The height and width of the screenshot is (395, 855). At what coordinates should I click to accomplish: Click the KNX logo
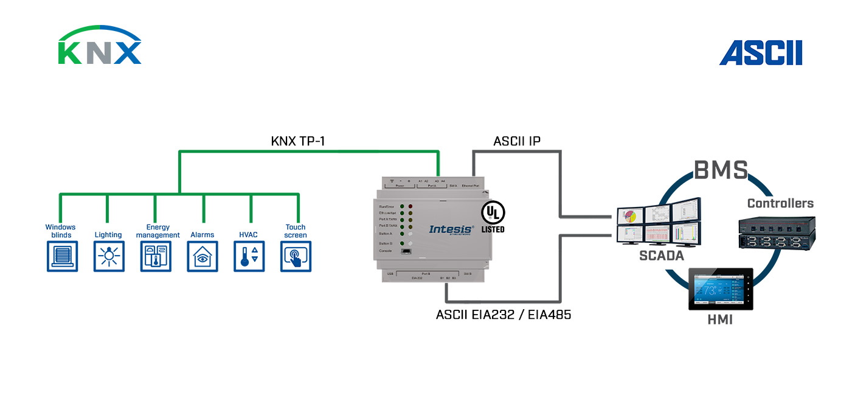tap(100, 46)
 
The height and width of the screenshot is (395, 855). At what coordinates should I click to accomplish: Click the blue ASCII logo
tap(761, 53)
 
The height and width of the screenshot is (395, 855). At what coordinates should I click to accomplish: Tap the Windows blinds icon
tap(62, 256)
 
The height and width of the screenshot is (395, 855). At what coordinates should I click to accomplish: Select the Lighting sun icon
tap(109, 256)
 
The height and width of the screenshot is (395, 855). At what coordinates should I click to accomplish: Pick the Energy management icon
tap(156, 256)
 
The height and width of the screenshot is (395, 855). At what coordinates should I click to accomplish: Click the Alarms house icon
tap(202, 256)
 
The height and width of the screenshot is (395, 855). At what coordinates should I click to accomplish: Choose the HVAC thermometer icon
tap(249, 256)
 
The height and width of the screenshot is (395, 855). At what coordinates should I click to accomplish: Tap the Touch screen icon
tap(296, 256)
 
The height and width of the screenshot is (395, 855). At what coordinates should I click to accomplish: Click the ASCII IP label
tap(516, 142)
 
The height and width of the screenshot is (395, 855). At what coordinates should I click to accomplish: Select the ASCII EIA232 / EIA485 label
tap(504, 315)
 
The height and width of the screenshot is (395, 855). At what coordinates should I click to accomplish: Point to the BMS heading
tap(721, 170)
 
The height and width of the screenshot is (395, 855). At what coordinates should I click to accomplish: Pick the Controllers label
tap(780, 203)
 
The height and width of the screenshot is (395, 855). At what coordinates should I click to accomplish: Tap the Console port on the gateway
tap(405, 251)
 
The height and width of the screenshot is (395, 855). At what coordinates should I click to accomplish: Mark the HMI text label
tap(720, 320)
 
